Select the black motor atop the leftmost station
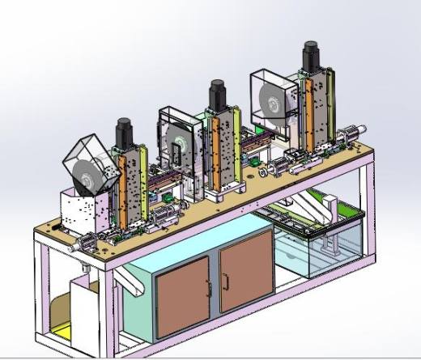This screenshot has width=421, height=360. click(124, 133)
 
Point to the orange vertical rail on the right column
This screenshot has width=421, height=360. click(304, 109)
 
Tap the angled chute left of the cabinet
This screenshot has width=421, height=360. click(128, 280)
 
